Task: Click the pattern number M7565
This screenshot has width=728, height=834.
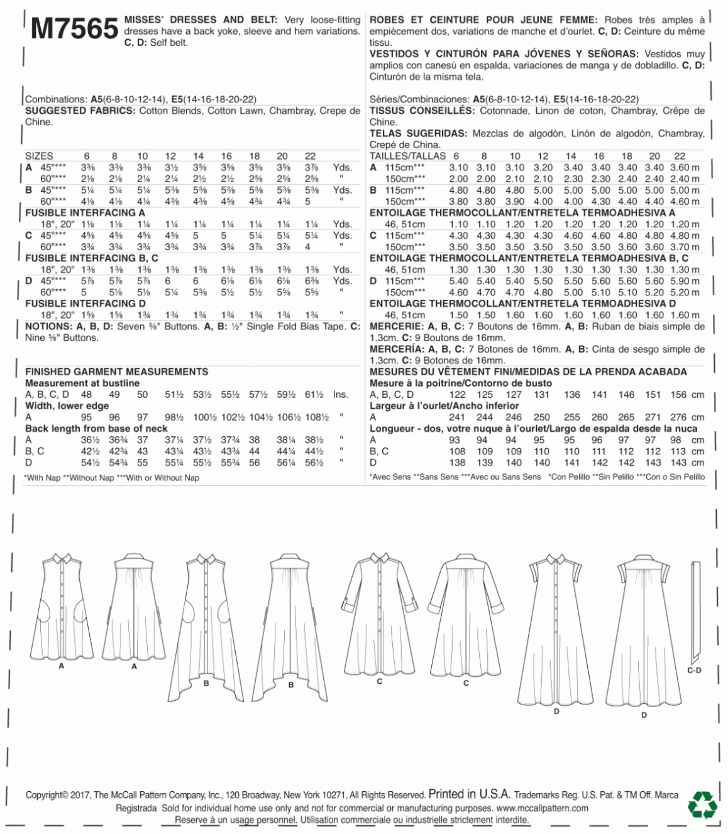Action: tap(74, 28)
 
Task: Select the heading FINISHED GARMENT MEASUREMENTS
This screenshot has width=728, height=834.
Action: tap(116, 371)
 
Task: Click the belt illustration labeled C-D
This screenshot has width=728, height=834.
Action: tap(694, 610)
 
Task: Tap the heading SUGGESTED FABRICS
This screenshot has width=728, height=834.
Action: tap(80, 111)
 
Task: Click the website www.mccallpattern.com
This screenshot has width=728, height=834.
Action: tap(542, 808)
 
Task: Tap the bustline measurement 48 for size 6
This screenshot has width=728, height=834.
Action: tap(86, 395)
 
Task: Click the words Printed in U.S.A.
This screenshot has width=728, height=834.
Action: tap(470, 794)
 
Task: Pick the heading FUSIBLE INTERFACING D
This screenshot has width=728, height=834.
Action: tap(85, 304)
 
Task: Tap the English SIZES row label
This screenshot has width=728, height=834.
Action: tap(39, 156)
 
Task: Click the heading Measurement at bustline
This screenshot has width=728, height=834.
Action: tap(82, 383)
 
